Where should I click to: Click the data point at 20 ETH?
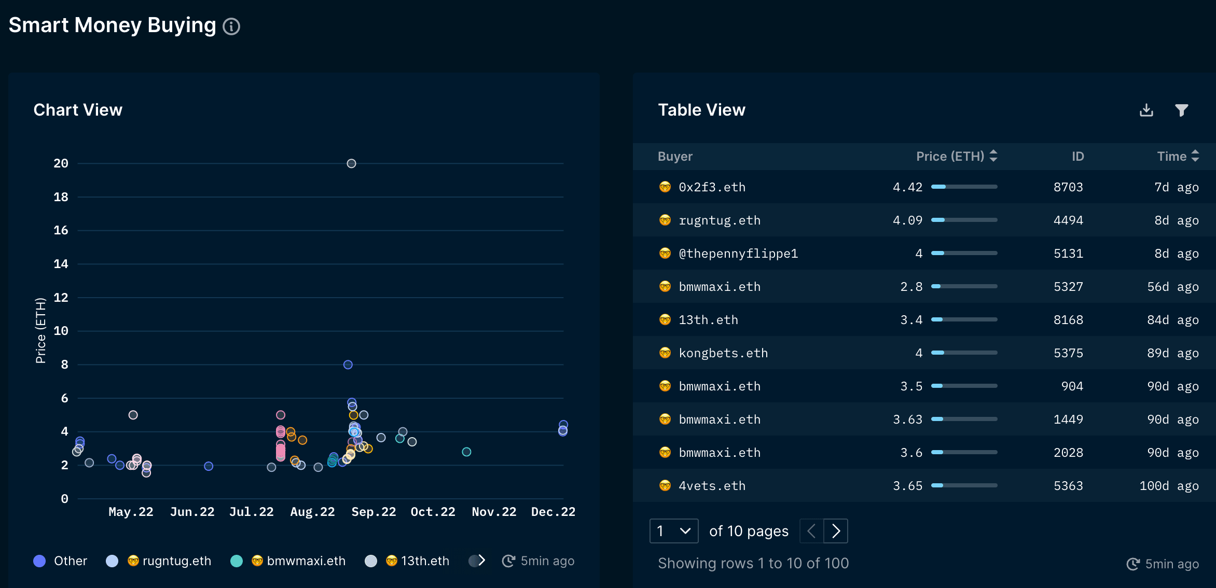tap(351, 164)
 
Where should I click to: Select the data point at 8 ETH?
tap(348, 365)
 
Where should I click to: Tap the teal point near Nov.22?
tap(466, 452)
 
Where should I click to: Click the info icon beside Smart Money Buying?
tap(231, 26)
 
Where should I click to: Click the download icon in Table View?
tap(1146, 110)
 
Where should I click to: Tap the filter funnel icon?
tap(1182, 110)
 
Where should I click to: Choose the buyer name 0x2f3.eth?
tap(712, 187)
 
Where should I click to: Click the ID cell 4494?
tap(1068, 220)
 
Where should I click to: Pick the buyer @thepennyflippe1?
tap(738, 254)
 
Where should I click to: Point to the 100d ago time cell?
tap(1169, 486)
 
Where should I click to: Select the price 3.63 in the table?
tap(907, 419)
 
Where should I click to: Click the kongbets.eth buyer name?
tap(723, 353)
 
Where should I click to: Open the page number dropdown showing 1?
tap(673, 531)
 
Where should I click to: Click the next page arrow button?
tap(836, 531)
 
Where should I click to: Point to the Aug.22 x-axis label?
tap(312, 512)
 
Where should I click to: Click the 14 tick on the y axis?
tap(61, 264)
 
